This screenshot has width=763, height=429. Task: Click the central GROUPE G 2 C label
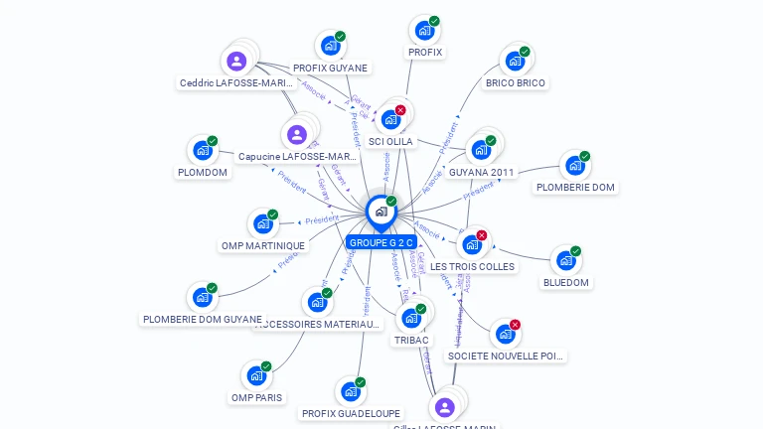tap(381, 242)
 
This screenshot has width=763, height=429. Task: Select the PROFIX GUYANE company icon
tap(330, 46)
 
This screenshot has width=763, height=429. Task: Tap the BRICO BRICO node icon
tap(515, 61)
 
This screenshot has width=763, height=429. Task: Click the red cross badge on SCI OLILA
tap(400, 110)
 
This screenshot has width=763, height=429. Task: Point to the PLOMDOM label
tap(203, 172)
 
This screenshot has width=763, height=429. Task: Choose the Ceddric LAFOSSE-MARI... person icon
tap(236, 62)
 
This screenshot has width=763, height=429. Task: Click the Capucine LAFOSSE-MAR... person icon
tap(297, 134)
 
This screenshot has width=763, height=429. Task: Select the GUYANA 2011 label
tap(482, 172)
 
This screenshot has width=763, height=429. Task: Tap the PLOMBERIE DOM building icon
tap(575, 165)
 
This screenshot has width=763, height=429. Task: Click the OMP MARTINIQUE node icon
tap(262, 223)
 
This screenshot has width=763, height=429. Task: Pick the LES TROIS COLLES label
tap(473, 266)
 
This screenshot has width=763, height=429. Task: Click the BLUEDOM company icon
tap(565, 260)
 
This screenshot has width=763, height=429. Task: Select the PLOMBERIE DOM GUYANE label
tap(203, 319)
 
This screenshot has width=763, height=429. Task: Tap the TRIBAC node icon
tap(410, 319)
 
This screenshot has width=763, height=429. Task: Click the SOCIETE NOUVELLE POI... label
tap(506, 356)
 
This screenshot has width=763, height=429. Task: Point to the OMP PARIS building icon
tap(256, 376)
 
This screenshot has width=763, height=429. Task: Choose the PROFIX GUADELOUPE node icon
tap(350, 391)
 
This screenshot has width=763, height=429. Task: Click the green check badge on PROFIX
tap(434, 21)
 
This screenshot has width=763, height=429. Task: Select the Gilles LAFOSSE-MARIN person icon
tap(445, 407)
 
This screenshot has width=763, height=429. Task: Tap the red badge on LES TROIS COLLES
tap(482, 235)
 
